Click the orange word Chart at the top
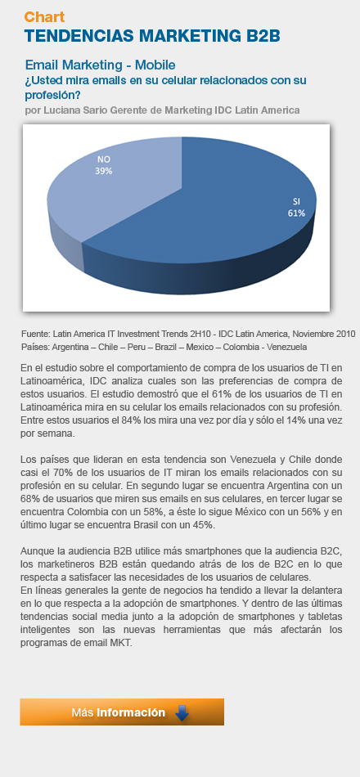(x=44, y=17)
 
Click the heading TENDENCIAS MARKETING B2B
(x=152, y=36)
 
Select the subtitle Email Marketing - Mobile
(x=100, y=65)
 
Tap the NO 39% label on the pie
(x=104, y=165)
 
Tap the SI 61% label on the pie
(x=296, y=207)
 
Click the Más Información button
(x=122, y=712)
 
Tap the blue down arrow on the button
(x=182, y=712)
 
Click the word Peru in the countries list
(x=137, y=347)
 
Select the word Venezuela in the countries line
(x=286, y=347)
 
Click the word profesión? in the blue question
(x=53, y=95)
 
